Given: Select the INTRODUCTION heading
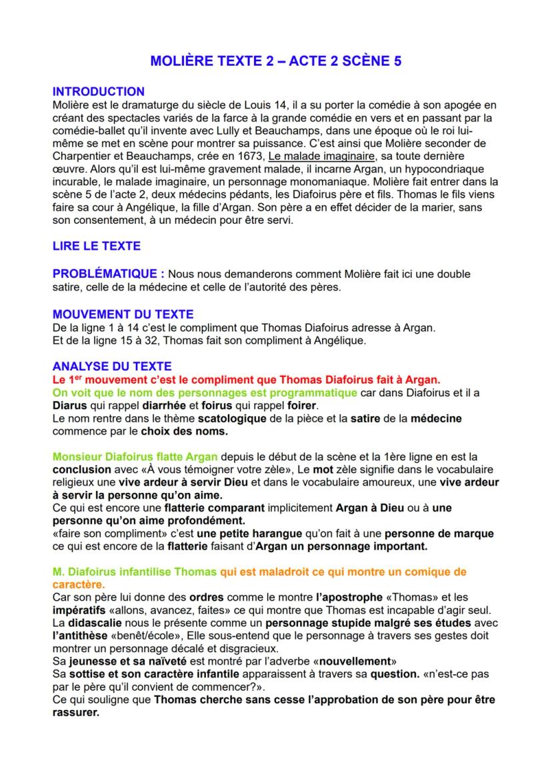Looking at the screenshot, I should tap(98, 91).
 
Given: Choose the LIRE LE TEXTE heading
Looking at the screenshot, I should tap(96, 246).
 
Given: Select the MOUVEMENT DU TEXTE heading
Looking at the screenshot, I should tap(123, 314).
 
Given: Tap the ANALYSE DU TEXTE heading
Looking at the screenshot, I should tap(111, 366).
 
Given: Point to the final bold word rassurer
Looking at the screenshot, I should tap(75, 712).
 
